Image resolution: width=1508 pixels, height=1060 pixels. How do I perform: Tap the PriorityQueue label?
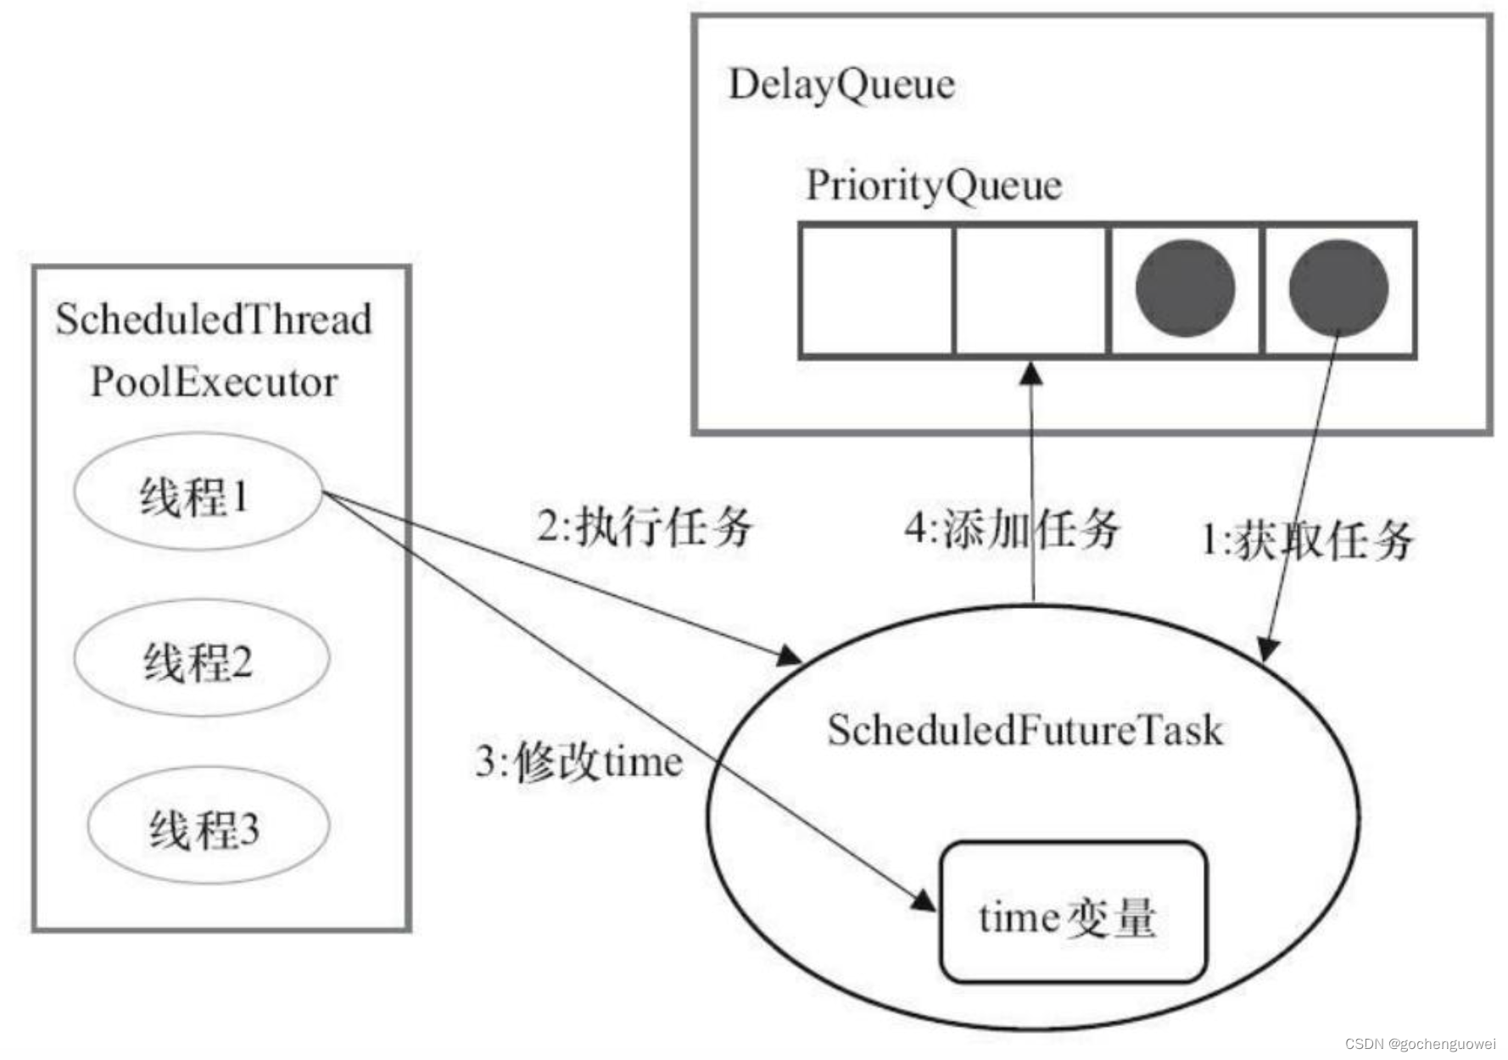click(933, 186)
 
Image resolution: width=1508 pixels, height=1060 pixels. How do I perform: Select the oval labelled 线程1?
click(198, 493)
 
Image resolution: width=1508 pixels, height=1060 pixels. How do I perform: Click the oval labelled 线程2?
click(201, 659)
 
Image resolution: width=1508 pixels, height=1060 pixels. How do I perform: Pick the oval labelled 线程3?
click(208, 826)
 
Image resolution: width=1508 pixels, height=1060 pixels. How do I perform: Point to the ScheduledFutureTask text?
click(1025, 730)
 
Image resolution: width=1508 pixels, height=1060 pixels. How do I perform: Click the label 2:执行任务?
click(645, 527)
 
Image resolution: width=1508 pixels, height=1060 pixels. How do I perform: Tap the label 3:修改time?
click(579, 761)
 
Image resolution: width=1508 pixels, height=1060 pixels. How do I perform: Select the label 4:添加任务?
click(1011, 529)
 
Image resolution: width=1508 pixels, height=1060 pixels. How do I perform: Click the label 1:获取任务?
click(1307, 540)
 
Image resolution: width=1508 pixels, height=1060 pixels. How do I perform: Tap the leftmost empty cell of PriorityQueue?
click(877, 290)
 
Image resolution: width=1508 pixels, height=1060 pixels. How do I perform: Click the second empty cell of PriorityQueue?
click(1031, 290)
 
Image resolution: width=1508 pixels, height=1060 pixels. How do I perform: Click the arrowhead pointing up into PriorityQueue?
click(1030, 373)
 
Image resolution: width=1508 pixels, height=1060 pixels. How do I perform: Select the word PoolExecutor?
click(214, 382)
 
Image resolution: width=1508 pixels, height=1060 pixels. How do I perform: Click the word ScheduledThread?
click(214, 320)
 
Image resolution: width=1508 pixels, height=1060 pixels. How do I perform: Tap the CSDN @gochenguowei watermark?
click(1420, 1044)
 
